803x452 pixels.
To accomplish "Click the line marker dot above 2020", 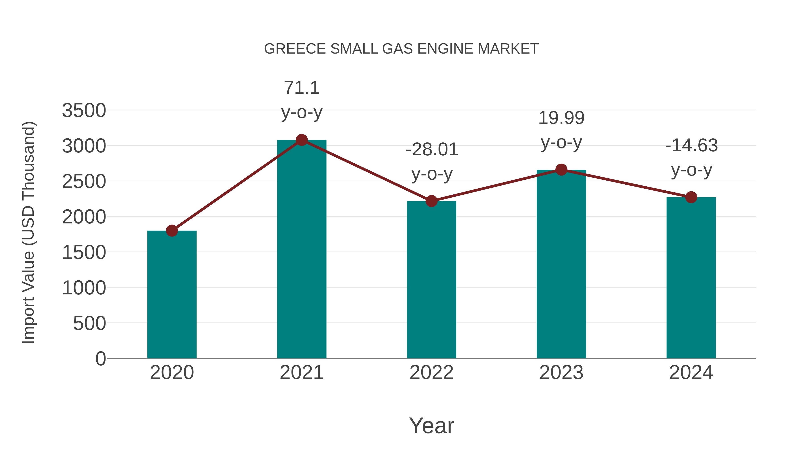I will coord(172,231).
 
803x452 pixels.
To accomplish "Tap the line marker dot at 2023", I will coord(561,170).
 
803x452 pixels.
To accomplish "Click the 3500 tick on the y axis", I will coord(84,110).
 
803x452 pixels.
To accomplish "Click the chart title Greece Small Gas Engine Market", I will coord(401,49).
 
